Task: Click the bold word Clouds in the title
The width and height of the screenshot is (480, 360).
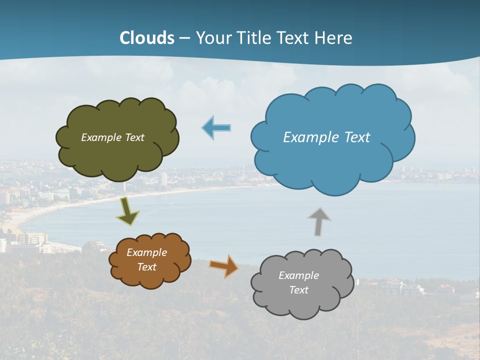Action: [x=147, y=38]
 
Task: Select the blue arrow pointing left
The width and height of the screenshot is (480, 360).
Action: [x=216, y=128]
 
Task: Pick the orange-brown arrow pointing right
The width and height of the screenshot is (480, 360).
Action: [x=224, y=266]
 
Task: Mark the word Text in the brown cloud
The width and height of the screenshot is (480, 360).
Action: [x=147, y=267]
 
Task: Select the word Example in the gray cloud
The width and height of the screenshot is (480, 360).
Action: [x=298, y=275]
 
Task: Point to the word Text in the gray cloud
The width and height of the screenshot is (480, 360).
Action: [x=298, y=290]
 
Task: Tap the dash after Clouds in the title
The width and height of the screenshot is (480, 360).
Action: [x=184, y=38]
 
